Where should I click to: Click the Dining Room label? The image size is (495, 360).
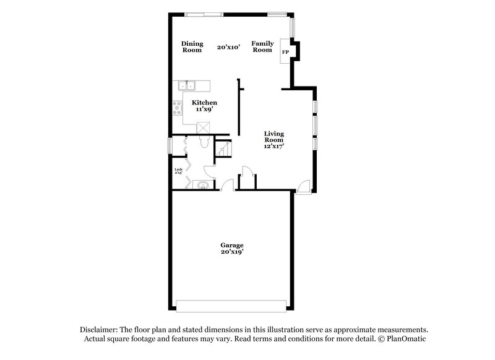[192, 46]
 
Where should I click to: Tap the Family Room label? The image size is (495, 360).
[262, 46]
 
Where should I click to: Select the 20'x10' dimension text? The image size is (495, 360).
[228, 46]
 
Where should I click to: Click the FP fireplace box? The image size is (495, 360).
[285, 52]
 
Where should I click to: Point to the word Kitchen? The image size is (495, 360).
[204, 102]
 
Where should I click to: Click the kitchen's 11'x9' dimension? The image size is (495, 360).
[204, 109]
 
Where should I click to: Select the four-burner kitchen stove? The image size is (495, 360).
[178, 109]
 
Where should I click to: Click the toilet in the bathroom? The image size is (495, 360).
[204, 142]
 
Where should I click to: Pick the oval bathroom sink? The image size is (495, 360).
[201, 185]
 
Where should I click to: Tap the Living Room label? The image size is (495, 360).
[273, 137]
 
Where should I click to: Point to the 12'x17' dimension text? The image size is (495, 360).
[273, 147]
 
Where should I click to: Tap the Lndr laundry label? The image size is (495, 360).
[178, 170]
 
